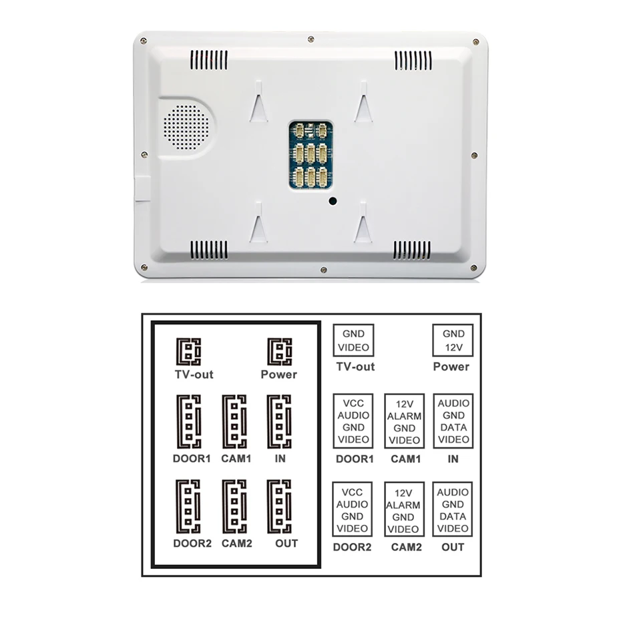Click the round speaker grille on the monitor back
click(186, 126)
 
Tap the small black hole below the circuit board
click(332, 200)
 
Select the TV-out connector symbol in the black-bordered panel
click(188, 351)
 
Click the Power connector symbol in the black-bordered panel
click(279, 351)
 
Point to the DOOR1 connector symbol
click(188, 422)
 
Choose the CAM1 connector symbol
click(234, 422)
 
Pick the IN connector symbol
click(279, 422)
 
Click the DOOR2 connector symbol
click(188, 506)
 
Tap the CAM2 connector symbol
click(234, 506)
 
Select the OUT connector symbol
click(279, 506)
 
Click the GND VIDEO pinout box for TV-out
click(353, 341)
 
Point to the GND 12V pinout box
click(452, 341)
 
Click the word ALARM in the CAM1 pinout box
click(405, 416)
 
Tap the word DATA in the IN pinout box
click(453, 427)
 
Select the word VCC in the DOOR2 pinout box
click(353, 492)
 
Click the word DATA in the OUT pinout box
click(453, 517)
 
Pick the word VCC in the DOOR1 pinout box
click(353, 403)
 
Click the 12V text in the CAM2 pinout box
click(405, 493)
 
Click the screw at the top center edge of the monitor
click(311, 39)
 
